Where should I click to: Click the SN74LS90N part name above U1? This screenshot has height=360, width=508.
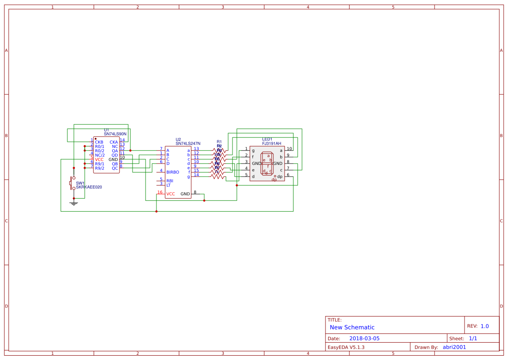[x=115, y=134]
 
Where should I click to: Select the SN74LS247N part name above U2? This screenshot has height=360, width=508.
[x=188, y=143]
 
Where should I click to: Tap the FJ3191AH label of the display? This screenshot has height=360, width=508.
[x=272, y=143]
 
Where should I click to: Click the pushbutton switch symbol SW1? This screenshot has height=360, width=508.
[x=73, y=183]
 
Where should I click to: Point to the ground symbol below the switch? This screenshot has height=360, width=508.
[x=74, y=202]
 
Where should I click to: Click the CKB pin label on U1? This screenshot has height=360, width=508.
[x=99, y=142]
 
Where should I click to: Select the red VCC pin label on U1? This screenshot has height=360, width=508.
[x=99, y=160]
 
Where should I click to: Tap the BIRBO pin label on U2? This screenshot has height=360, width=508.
[x=173, y=172]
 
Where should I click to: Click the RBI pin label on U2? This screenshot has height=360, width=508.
[x=170, y=180]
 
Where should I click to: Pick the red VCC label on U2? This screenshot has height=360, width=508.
[x=171, y=194]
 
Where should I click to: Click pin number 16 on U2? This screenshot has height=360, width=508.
[x=160, y=192]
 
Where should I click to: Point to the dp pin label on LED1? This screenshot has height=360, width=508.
[x=280, y=177]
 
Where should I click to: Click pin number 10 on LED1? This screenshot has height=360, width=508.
[x=289, y=149]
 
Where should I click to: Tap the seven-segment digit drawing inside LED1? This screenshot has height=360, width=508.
[x=267, y=163]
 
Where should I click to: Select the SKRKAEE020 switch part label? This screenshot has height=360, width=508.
[x=89, y=187]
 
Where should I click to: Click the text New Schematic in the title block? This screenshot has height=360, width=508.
[x=352, y=327]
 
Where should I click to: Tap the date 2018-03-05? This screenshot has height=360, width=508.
[x=364, y=338]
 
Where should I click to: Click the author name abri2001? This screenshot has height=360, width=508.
[x=454, y=347]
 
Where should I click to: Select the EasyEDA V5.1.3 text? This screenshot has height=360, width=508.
[x=346, y=347]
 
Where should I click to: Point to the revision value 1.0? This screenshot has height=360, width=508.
[x=485, y=326]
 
